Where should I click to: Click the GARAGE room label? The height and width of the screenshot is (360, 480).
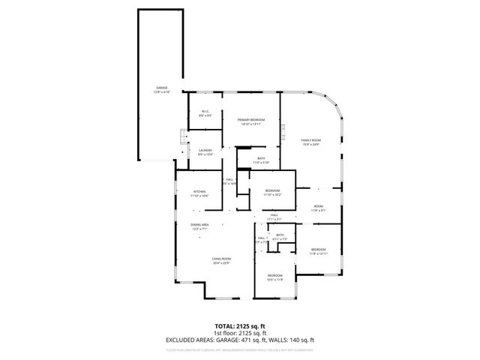pyautogui.click(x=162, y=88)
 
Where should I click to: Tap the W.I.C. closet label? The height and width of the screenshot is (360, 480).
pyautogui.click(x=205, y=112)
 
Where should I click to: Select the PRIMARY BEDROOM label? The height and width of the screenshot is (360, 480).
pyautogui.click(x=251, y=120)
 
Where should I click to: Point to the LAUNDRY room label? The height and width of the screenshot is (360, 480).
pyautogui.click(x=205, y=151)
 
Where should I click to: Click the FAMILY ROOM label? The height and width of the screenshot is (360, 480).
pyautogui.click(x=311, y=140)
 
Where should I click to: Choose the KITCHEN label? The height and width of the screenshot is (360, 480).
pyautogui.click(x=199, y=192)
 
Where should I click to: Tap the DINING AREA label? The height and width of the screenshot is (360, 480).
pyautogui.click(x=199, y=225)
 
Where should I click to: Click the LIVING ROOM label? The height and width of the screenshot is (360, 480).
pyautogui.click(x=220, y=259)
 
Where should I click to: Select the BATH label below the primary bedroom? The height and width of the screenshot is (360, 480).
pyautogui.click(x=261, y=158)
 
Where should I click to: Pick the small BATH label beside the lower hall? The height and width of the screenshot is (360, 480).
pyautogui.click(x=280, y=235)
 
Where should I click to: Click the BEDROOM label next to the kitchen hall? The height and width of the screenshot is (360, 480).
pyautogui.click(x=272, y=191)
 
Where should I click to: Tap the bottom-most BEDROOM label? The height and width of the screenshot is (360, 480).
pyautogui.click(x=275, y=276)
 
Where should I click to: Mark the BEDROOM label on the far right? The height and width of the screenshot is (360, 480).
pyautogui.click(x=319, y=249)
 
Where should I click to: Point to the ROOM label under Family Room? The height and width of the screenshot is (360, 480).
pyautogui.click(x=319, y=206)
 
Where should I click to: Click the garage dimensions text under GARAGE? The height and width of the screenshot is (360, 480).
pyautogui.click(x=162, y=91)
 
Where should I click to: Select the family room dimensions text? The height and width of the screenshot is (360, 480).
pyautogui.click(x=311, y=144)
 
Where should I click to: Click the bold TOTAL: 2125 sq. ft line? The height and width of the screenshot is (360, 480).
pyautogui.click(x=239, y=326)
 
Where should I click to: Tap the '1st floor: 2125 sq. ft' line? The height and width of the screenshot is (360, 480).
pyautogui.click(x=239, y=332)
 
